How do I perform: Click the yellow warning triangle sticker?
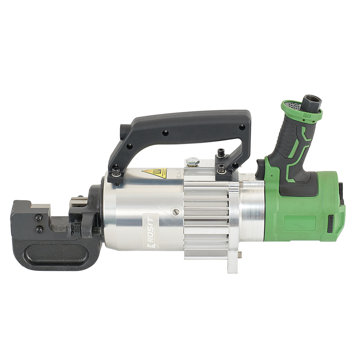pos(154,172)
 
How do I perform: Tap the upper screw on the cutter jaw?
pos(39,218)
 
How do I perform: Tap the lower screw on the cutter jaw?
pos(39,229)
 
